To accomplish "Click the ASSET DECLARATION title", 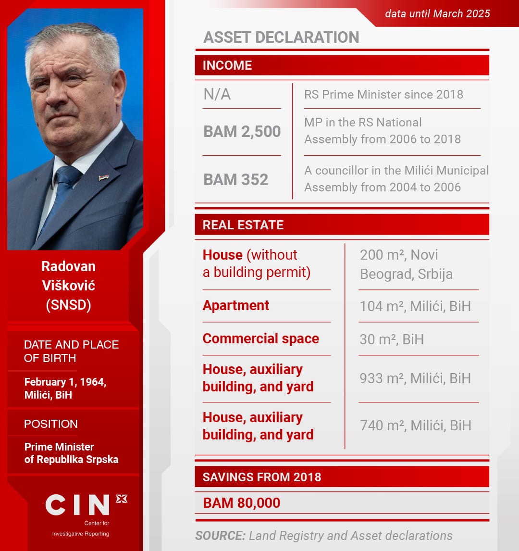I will tap(281, 38).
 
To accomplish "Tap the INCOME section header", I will tap(227, 65).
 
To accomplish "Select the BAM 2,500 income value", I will tap(242, 132).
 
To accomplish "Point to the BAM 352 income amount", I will tap(235, 179).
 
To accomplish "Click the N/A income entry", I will tap(217, 94).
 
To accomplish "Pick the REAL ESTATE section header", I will tap(243, 225).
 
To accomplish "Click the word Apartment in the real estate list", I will tap(235, 305).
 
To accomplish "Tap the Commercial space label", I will tap(260, 338).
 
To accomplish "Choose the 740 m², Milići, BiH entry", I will tap(415, 426).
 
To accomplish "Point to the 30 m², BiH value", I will tap(392, 339).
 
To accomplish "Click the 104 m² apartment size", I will tap(378, 306).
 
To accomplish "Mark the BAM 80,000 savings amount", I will tap(241, 503).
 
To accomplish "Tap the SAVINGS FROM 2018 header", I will tap(261, 477).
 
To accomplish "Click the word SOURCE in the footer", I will tap(220, 536).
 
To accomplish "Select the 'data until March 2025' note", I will tap(437, 13).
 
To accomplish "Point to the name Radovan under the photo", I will tap(68, 266).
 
